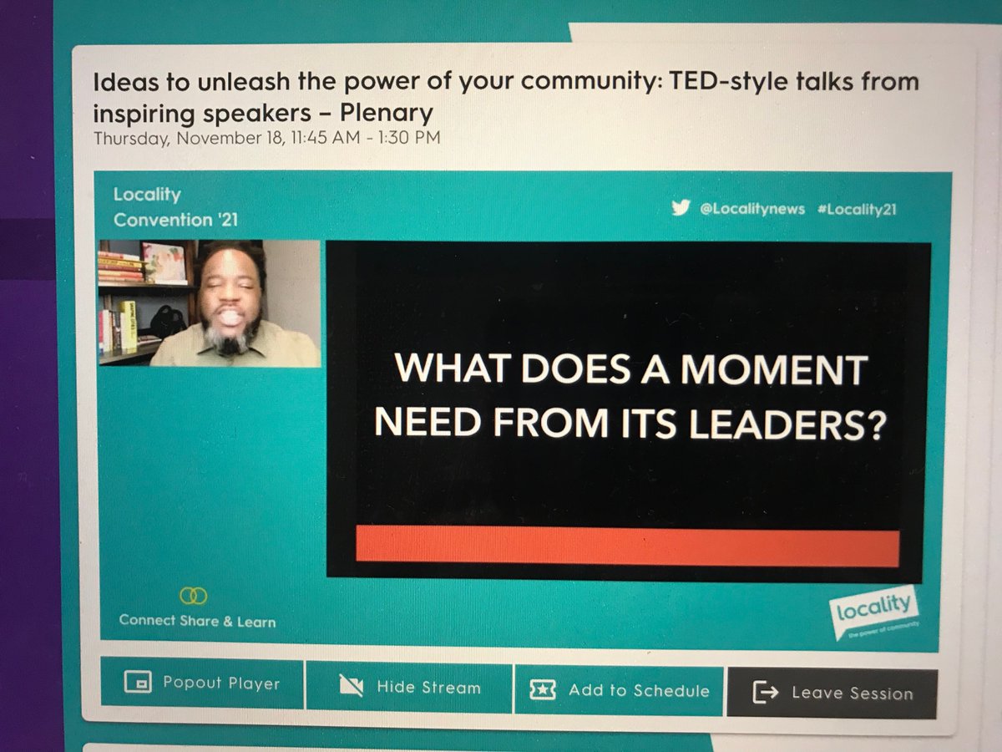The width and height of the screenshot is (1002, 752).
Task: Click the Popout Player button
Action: [202, 684]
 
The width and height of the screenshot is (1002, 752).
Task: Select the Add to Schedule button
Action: [620, 690]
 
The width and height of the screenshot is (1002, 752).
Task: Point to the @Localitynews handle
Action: [751, 210]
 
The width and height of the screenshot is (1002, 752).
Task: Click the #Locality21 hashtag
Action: [857, 211]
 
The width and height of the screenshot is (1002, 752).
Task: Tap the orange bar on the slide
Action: [627, 547]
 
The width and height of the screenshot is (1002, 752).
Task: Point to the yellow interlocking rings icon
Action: [194, 596]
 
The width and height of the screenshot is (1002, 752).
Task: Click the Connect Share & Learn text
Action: [197, 621]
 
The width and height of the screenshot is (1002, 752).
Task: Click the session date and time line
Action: [266, 138]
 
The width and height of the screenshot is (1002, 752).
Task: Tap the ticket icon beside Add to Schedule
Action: [543, 690]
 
